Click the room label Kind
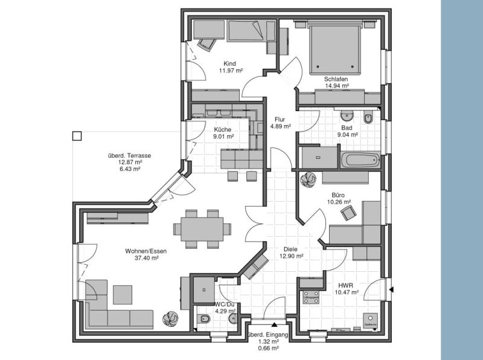point(229,63)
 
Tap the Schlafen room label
point(336,79)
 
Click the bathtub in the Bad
point(359,161)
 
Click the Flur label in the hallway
point(280,119)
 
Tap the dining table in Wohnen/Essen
point(202,229)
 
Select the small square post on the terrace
point(77,136)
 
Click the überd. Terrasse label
point(129,155)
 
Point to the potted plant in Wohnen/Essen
point(170,318)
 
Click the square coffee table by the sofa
point(123,294)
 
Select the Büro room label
point(338,195)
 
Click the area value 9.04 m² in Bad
point(348,135)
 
